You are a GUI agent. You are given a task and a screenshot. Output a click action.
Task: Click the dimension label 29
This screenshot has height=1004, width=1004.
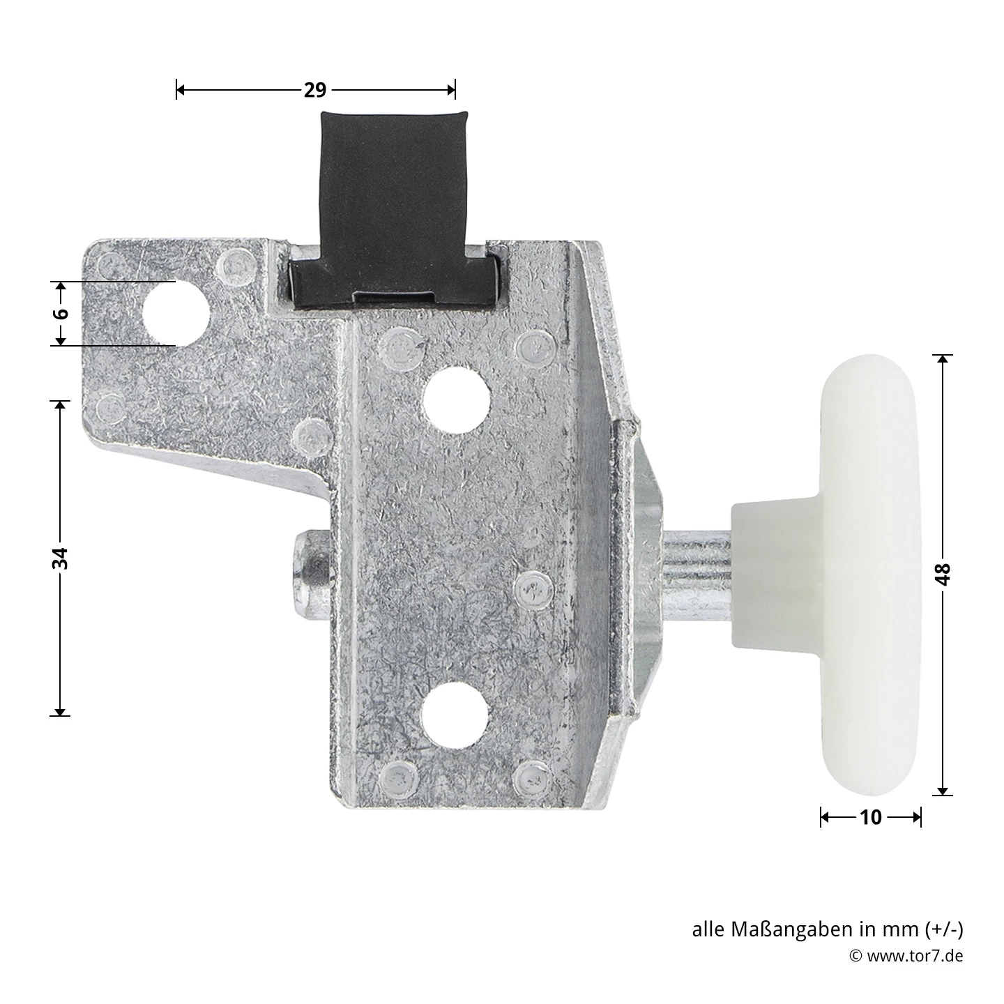click(315, 90)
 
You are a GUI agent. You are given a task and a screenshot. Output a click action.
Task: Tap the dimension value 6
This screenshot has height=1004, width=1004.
click(61, 313)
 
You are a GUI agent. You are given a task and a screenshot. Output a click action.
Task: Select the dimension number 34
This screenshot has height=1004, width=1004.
click(61, 558)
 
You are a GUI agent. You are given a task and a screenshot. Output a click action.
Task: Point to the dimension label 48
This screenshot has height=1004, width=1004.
click(943, 574)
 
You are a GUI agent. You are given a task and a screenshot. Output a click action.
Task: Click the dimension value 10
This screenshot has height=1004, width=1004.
click(871, 817)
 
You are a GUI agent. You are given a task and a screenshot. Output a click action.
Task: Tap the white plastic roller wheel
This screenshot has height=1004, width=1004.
click(871, 575)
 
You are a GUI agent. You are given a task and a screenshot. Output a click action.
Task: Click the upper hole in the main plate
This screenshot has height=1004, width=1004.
click(456, 399)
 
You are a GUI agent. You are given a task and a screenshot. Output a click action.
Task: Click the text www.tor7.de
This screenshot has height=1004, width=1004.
click(915, 955)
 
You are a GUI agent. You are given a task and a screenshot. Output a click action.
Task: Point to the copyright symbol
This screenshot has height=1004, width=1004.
click(855, 956)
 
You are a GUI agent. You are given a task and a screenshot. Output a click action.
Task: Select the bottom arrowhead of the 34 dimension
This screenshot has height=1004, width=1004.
click(61, 710)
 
